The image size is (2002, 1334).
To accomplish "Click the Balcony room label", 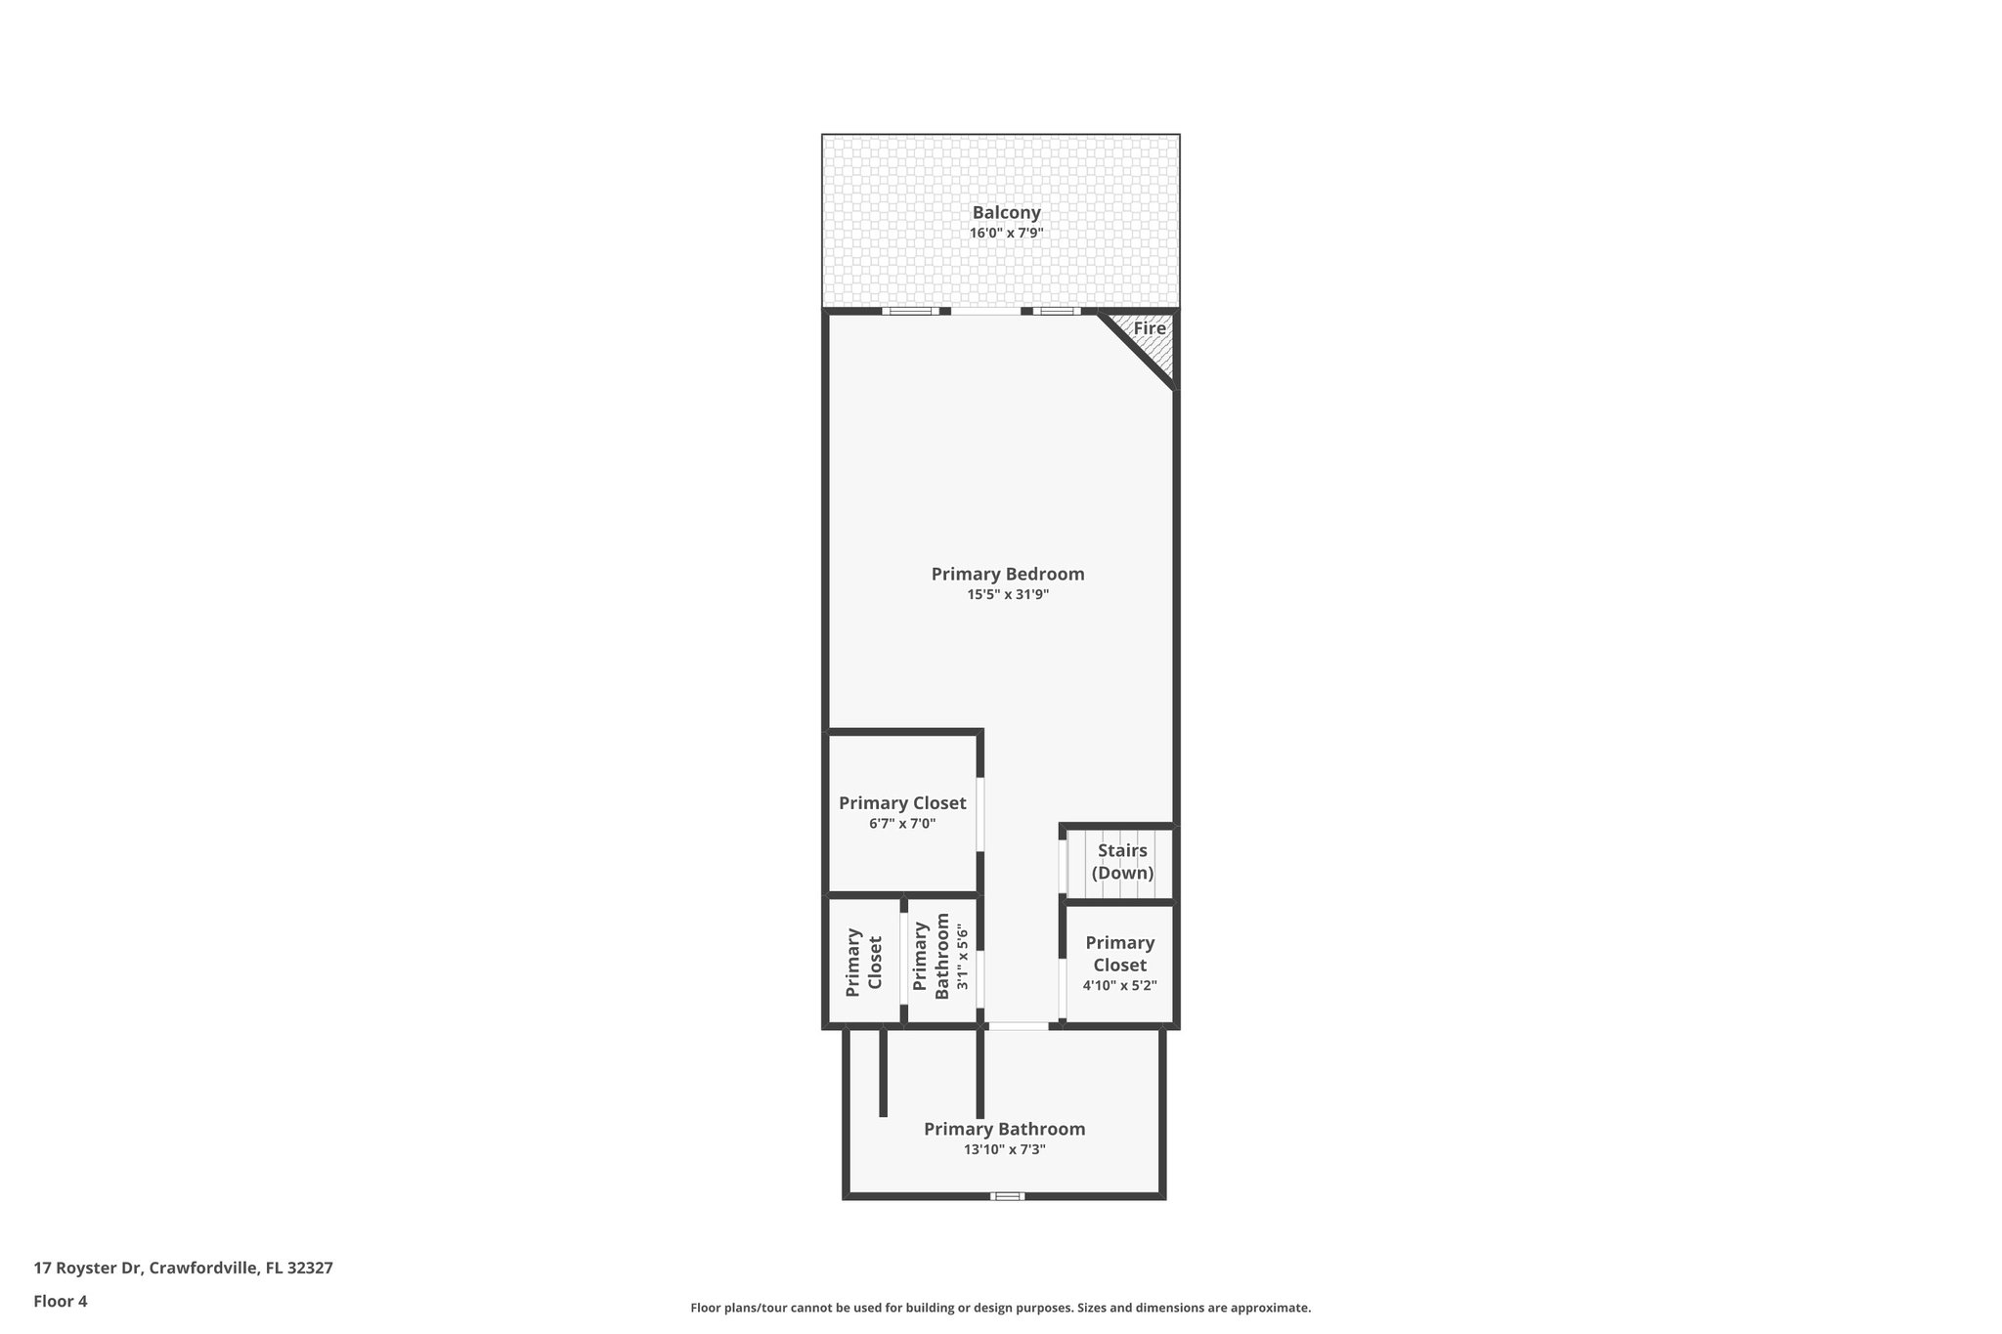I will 1006,212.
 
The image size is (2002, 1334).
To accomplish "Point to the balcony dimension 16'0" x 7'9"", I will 1006,234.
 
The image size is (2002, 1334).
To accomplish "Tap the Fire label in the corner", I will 1150,328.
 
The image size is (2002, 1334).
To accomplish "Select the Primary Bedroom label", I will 1007,574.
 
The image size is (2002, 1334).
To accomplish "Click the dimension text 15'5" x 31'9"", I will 1007,594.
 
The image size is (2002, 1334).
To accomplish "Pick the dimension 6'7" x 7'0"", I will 902,824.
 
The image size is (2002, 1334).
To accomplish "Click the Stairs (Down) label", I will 1122,862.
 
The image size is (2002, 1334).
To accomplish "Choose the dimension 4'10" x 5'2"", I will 1119,985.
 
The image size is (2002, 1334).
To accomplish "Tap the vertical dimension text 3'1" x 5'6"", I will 963,958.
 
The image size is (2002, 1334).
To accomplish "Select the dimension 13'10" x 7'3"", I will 1005,1150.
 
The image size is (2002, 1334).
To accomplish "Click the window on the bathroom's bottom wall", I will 1007,1196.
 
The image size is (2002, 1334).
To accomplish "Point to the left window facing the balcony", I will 910,312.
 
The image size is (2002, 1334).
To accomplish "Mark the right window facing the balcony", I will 1056,312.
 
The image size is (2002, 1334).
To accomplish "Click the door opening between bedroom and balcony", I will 985,312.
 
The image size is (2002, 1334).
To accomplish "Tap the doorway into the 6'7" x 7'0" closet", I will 980,815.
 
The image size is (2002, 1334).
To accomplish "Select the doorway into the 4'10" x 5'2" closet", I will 1063,989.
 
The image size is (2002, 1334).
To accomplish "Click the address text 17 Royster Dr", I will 89,1269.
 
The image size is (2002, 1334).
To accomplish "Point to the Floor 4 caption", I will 61,1301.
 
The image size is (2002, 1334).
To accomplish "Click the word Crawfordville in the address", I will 203,1269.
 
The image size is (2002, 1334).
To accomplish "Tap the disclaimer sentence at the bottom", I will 1000,1308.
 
